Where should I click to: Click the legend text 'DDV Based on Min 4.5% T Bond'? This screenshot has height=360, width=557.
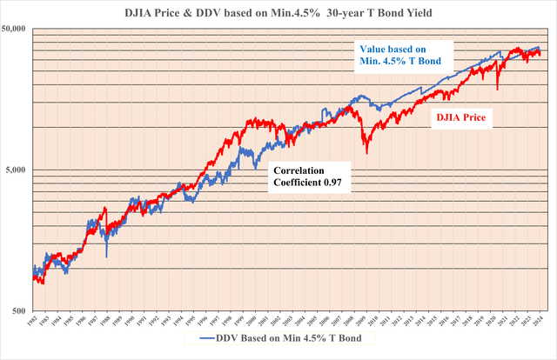point(287,337)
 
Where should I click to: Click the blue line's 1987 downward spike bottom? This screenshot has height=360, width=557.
point(106,257)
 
